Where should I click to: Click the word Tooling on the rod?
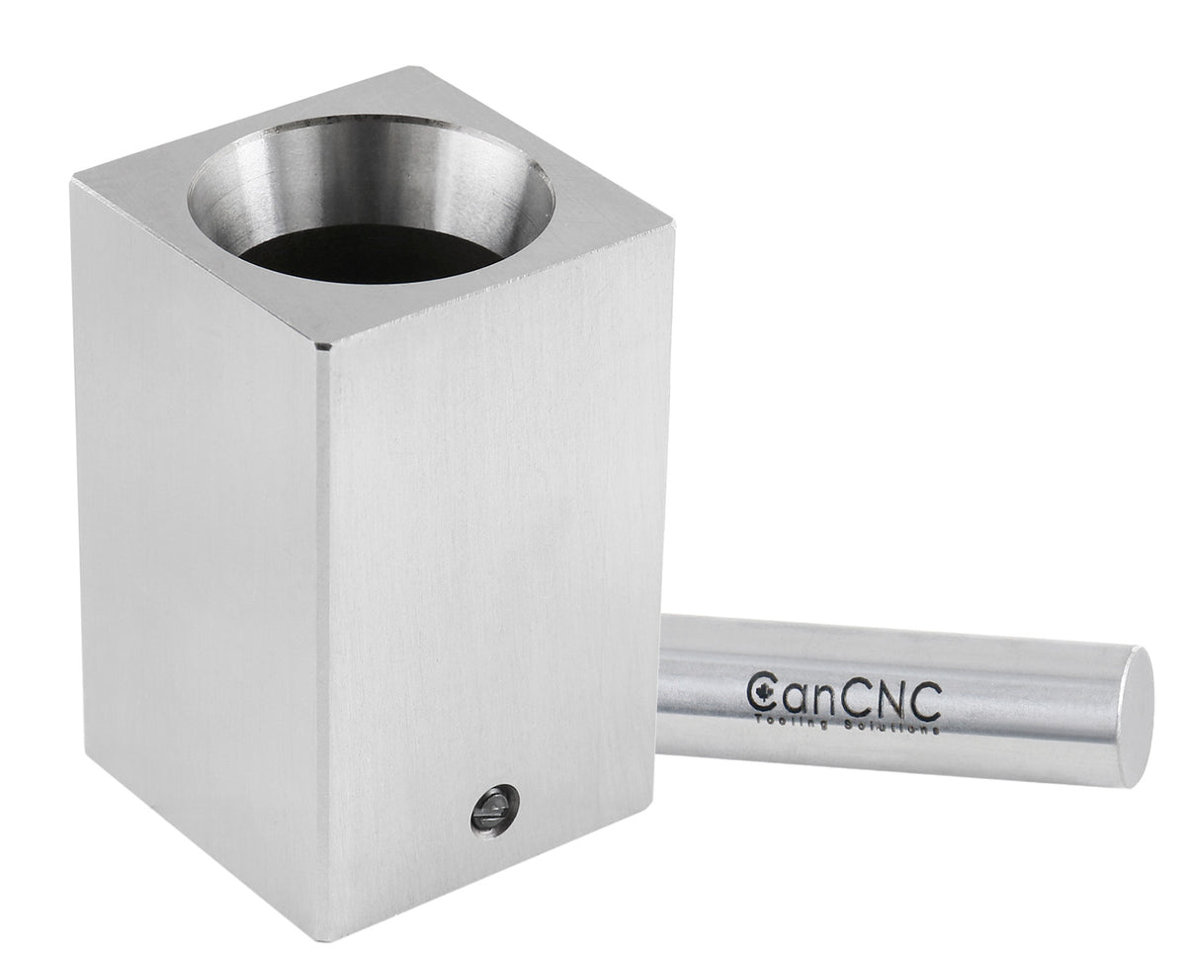click(x=784, y=719)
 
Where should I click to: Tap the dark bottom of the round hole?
click(x=371, y=254)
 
